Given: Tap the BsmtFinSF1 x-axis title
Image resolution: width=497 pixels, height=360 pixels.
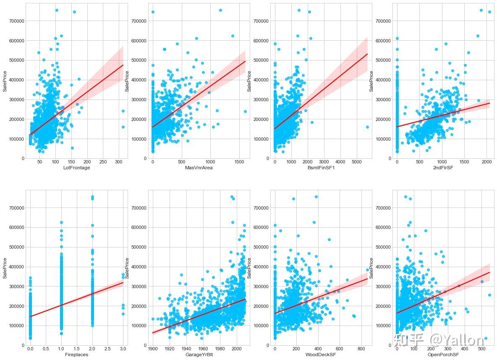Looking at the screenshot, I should tap(319, 168).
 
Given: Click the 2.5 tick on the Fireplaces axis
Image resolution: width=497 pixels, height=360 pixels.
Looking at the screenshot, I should tap(107, 349).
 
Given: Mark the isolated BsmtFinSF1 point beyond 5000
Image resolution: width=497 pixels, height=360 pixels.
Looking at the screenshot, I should tap(367, 127).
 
